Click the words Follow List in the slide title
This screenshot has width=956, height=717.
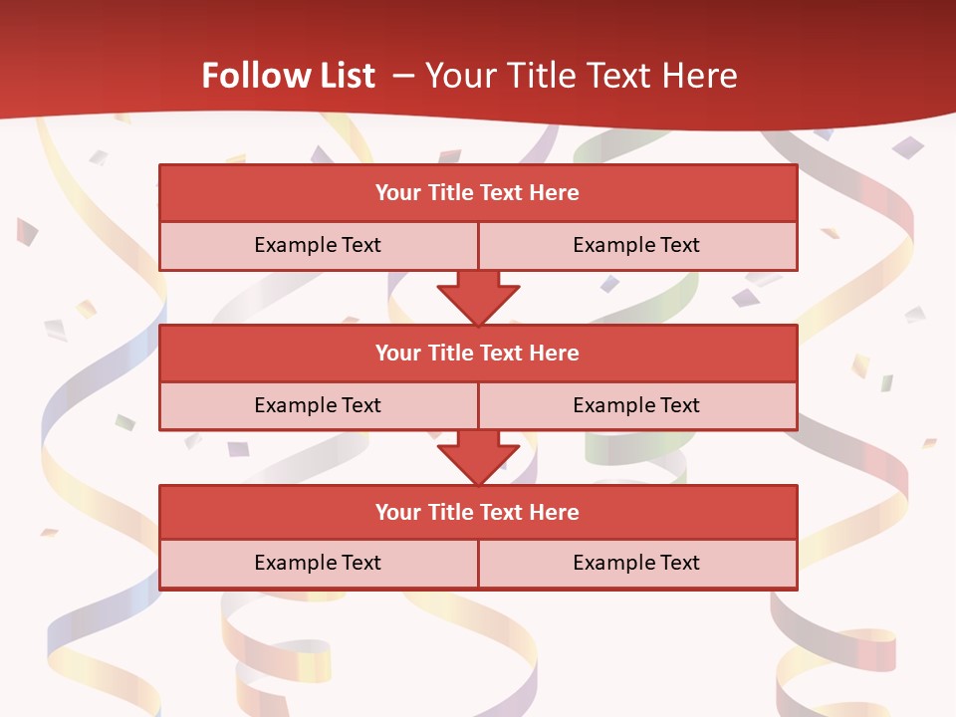288,76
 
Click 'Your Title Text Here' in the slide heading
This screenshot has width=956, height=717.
581,76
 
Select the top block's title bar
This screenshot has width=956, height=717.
478,193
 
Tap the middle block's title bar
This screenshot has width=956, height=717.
478,353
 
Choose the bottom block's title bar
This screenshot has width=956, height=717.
478,512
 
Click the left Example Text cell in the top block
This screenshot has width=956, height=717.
318,245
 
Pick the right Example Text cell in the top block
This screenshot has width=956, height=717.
636,245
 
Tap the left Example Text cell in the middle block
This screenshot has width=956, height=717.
318,405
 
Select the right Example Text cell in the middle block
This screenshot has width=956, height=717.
636,405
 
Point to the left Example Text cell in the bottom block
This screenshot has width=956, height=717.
318,563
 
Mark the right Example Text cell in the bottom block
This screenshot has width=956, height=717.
636,563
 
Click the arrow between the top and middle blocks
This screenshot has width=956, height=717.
478,296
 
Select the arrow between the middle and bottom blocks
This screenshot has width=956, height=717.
478,456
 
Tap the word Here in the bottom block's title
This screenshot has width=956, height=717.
556,512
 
